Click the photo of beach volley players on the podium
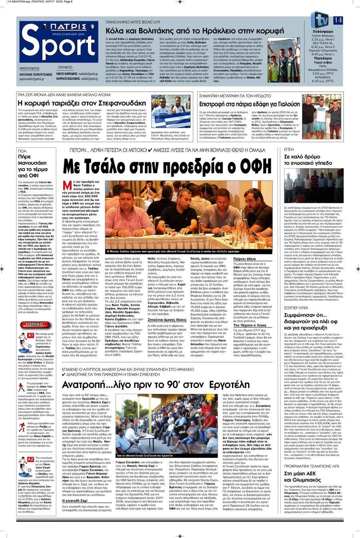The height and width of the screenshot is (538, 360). pyautogui.click(x=283, y=59)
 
